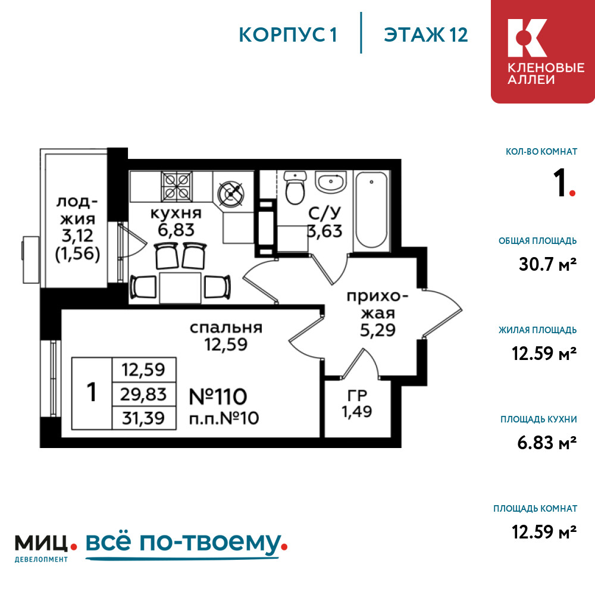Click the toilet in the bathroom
point(295,188)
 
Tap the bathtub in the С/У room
point(371,211)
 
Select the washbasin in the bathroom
point(330,181)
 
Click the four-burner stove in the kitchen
point(177,186)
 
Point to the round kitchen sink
point(231,193)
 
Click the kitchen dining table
point(180,287)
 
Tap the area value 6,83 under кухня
point(176,230)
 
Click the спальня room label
point(226,328)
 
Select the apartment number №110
point(218,396)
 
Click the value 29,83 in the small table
point(143,394)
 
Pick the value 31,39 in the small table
point(143,418)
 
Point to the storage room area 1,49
point(356,411)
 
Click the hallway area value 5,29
point(378,330)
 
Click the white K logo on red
point(527,38)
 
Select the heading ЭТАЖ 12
point(426,35)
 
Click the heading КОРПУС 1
point(288,35)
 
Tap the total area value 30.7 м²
point(547,264)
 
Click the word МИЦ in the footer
point(42,543)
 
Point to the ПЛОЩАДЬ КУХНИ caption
point(538,419)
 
